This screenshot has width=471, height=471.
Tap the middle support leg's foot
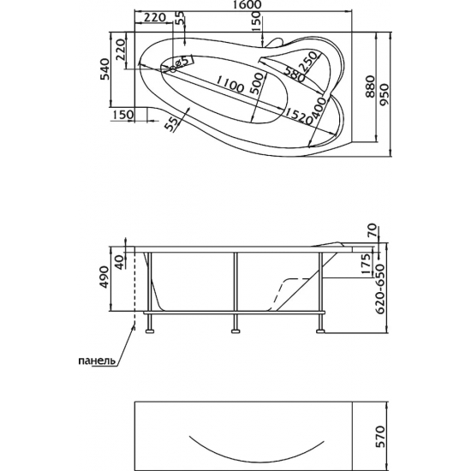(234, 327)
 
